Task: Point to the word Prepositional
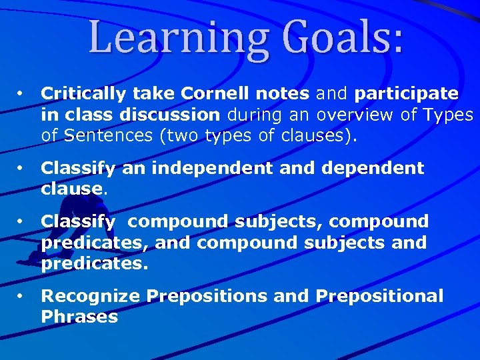coord(379,295)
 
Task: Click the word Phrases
coord(79,317)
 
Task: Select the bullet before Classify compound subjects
coord(21,220)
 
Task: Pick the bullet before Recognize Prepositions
coord(21,295)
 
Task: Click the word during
coord(252,115)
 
